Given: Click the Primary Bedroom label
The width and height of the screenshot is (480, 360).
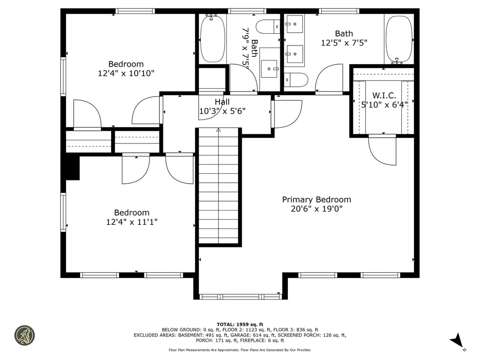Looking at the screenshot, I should pos(316,199).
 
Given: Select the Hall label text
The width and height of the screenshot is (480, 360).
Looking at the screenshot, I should pos(222,102).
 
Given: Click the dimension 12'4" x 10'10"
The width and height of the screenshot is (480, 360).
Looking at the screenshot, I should pos(126,73).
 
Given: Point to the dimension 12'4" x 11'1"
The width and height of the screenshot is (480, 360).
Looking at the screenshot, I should pos(132,222).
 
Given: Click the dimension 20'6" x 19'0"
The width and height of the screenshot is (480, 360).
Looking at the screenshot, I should pos(316,209).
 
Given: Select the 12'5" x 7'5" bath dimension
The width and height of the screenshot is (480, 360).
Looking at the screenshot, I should pos(344,43).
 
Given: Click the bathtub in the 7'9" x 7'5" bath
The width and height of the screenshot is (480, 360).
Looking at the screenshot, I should pos(212,38).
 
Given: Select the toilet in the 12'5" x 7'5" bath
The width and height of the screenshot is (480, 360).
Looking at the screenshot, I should pos(296,80).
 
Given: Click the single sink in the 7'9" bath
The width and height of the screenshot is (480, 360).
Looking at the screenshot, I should pos(270,68).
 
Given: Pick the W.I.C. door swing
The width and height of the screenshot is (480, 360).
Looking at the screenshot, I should pos(382,150).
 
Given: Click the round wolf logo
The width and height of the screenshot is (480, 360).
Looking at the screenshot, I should pos(25,335).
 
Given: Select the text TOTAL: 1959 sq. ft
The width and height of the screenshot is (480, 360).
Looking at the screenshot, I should pos(240,324).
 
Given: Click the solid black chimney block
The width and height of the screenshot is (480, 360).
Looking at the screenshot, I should pos(72,168).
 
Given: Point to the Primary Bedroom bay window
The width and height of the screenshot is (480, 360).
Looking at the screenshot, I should pos(240,296).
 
